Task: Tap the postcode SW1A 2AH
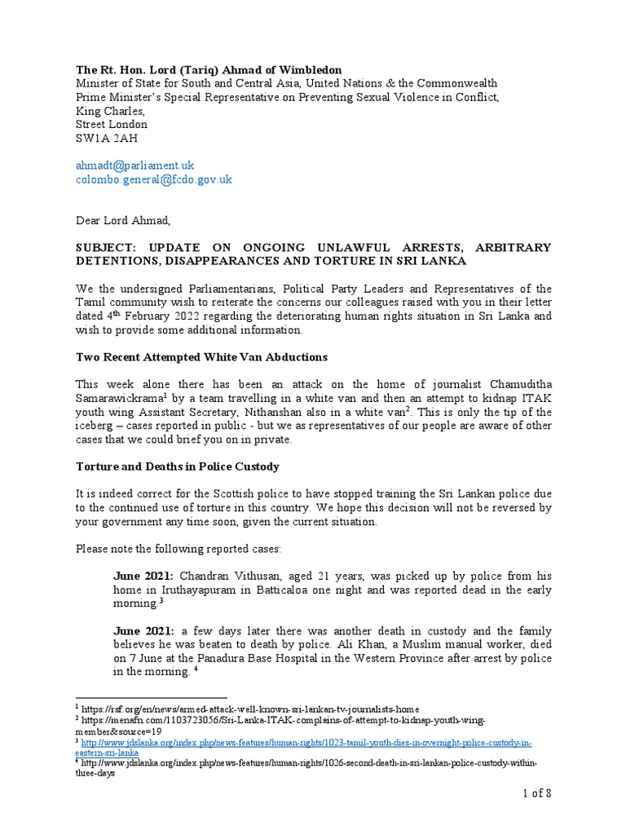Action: [104, 139]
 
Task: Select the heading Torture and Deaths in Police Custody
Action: [178, 466]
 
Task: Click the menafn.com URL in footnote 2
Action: [284, 721]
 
